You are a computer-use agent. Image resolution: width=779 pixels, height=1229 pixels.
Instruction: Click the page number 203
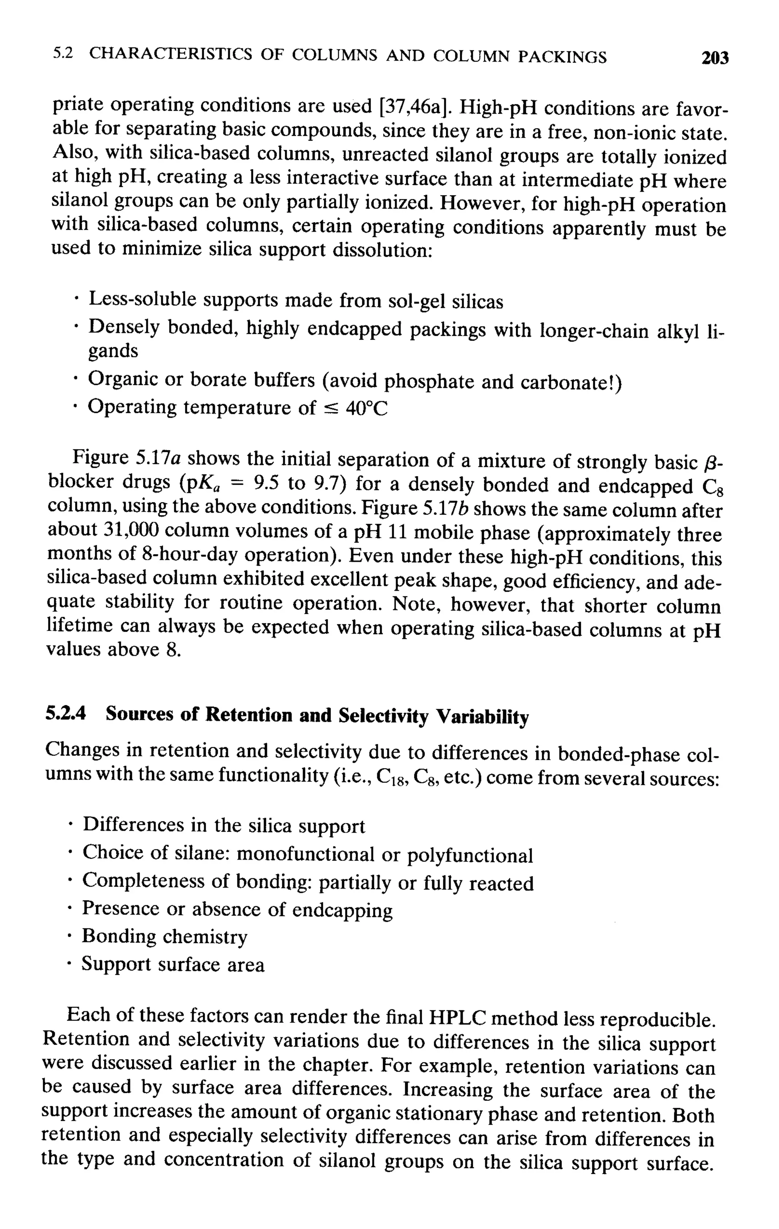(x=715, y=58)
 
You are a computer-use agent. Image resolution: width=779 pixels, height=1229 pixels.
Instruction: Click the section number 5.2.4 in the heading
(x=66, y=714)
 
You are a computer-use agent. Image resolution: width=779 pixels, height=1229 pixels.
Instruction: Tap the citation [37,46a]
(x=417, y=107)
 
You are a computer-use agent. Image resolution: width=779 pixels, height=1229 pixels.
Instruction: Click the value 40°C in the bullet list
(x=367, y=408)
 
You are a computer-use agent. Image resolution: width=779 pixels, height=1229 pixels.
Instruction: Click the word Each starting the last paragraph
(x=87, y=1014)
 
